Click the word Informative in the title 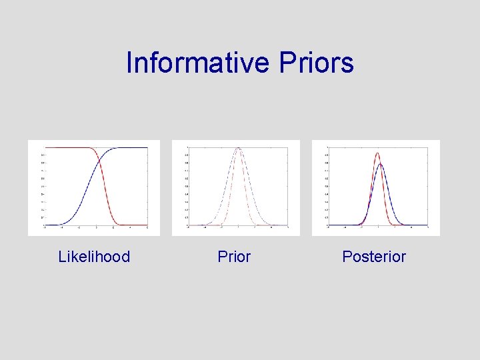(x=196, y=63)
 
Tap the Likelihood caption (x=94, y=257)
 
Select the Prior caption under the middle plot (x=234, y=257)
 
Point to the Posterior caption (x=373, y=257)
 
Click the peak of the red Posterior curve (x=377, y=153)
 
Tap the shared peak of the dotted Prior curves (x=237, y=148)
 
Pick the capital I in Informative (x=129, y=63)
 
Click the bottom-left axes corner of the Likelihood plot (x=45, y=225)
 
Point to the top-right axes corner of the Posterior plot (x=428, y=147)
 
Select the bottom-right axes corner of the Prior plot (x=288, y=225)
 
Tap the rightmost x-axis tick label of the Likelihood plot (x=147, y=228)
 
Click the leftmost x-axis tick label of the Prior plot (x=188, y=228)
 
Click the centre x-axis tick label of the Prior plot (x=238, y=228)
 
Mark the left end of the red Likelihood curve (x=45, y=147)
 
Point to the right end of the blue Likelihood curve (x=147, y=147)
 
